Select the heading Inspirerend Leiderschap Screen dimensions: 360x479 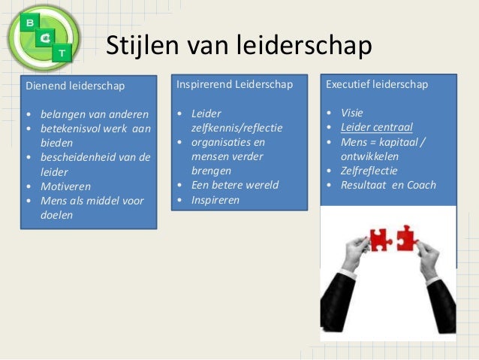pyautogui.click(x=234, y=84)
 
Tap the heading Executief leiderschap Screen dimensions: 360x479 pyautogui.click(x=377, y=84)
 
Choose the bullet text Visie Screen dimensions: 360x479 pyautogui.click(x=351, y=113)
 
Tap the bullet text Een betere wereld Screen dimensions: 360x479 pyautogui.click(x=234, y=185)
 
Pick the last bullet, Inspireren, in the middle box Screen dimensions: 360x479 pyautogui.click(x=215, y=200)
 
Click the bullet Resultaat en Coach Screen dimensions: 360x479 pyautogui.click(x=388, y=185)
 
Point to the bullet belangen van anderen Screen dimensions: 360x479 pyautogui.click(x=94, y=114)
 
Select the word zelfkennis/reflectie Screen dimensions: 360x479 pyautogui.click(x=236, y=128)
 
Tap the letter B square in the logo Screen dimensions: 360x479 pyautogui.click(x=29, y=22)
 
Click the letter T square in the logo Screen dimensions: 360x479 pyautogui.click(x=62, y=53)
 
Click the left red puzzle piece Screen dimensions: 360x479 pyautogui.click(x=380, y=240)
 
